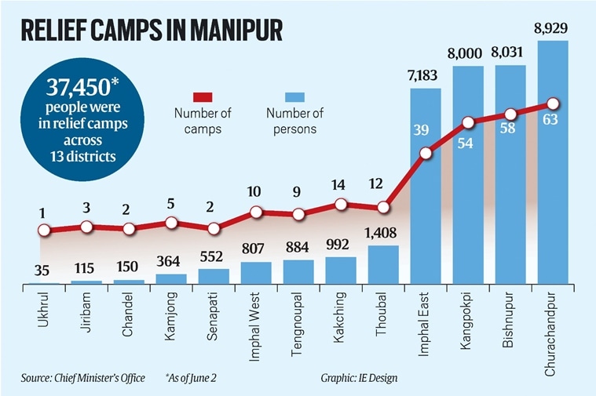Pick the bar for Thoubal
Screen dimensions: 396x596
tap(383, 264)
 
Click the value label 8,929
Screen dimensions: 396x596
tap(553, 31)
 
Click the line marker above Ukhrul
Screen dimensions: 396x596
tap(45, 231)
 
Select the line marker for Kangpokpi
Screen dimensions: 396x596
tap(468, 122)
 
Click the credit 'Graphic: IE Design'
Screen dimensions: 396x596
tap(358, 379)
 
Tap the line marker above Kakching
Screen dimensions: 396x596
tap(341, 204)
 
